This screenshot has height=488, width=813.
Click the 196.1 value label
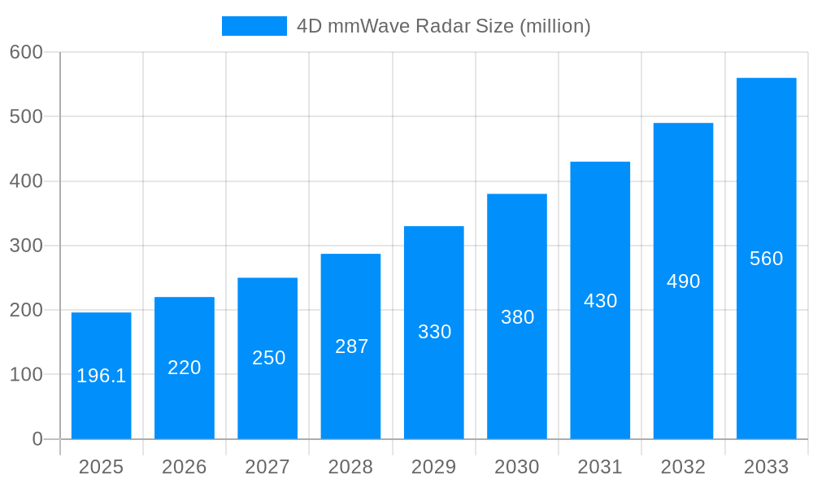[x=102, y=376]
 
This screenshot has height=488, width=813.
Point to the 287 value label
[x=351, y=346]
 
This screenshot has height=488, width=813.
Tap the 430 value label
[x=600, y=301]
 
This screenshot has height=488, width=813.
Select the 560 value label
[x=766, y=259]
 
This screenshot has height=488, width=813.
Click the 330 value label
[x=434, y=332]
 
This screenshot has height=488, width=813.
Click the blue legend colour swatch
[x=254, y=26]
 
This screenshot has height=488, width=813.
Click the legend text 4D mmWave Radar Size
[x=443, y=26]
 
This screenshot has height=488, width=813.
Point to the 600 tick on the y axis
[x=26, y=52]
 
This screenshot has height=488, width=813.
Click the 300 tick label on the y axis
[x=26, y=246]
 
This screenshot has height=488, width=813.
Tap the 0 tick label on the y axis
[x=37, y=439]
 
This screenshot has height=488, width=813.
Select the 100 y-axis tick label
[x=26, y=375]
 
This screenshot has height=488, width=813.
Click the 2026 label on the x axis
[x=185, y=467]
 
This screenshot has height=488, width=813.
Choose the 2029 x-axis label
[x=434, y=467]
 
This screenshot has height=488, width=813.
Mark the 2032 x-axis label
[x=683, y=467]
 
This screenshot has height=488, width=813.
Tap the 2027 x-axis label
[x=267, y=467]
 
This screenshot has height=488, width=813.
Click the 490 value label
[x=683, y=281]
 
